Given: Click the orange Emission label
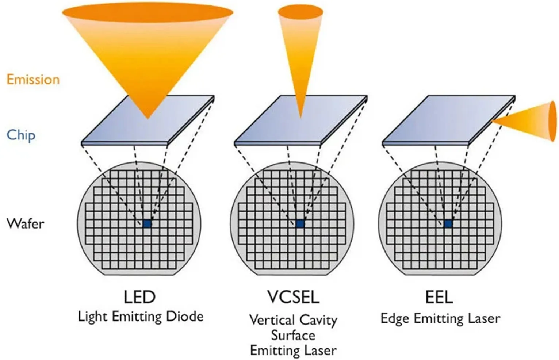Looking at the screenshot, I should click(x=33, y=79).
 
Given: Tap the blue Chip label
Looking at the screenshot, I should click(x=21, y=135).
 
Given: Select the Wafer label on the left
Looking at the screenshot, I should click(x=25, y=223).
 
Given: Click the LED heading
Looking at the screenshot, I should click(x=139, y=297).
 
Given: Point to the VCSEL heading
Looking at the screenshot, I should click(x=293, y=297).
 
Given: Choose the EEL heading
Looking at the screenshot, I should click(x=439, y=297).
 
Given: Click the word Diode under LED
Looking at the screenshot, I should click(x=185, y=316).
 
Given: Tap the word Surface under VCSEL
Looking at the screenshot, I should click(x=293, y=335).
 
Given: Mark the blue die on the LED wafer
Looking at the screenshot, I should click(x=147, y=223).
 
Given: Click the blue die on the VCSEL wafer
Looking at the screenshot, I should click(x=300, y=223).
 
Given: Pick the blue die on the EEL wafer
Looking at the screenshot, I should click(x=448, y=223).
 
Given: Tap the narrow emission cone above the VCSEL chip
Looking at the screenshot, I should click(x=300, y=44).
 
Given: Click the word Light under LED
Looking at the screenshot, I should click(x=93, y=317).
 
